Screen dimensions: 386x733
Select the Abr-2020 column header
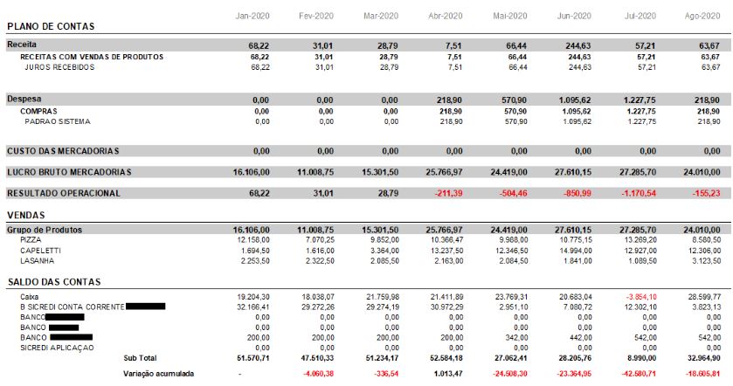(x=446, y=17)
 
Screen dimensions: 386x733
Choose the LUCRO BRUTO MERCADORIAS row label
(x=69, y=172)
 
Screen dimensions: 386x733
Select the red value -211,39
(x=446, y=193)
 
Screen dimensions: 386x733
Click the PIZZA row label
(x=31, y=238)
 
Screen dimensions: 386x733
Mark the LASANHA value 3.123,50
(x=710, y=259)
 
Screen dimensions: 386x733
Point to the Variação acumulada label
(x=158, y=374)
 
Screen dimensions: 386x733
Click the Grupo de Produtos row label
(x=44, y=229)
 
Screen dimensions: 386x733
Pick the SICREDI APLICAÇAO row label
(x=57, y=348)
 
